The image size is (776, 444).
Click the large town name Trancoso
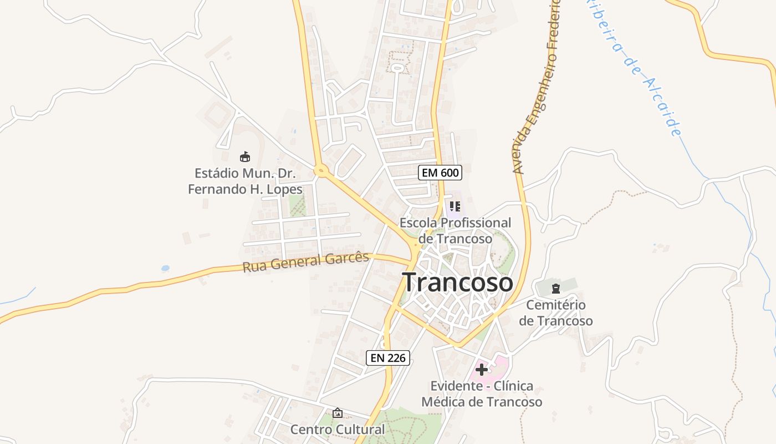458,282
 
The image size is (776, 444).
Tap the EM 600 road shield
440,173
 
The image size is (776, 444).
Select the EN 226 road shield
388,358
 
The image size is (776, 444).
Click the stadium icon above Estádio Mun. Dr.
244,157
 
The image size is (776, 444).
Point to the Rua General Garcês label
305,261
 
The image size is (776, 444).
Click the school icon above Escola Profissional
455,207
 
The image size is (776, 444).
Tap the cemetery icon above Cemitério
556,288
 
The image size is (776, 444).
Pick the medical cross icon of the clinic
482,370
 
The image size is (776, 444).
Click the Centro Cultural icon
337,413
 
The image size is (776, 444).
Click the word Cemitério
555,305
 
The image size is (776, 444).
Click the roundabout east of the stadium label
320,170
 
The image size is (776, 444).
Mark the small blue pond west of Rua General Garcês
165,269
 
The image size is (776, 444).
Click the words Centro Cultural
337,430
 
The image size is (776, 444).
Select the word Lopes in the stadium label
284,189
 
